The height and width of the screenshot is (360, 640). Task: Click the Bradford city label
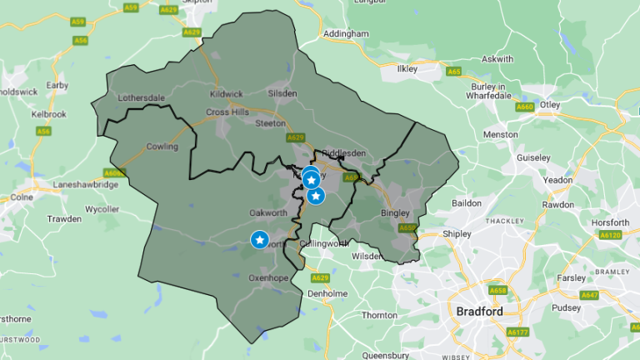[480, 311]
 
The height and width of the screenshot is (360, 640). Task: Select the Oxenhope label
[267, 277]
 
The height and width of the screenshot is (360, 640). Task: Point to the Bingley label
[395, 212]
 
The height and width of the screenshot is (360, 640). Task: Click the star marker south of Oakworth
[259, 240]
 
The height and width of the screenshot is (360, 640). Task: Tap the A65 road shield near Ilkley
[454, 72]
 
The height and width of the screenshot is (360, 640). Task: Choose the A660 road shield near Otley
[525, 107]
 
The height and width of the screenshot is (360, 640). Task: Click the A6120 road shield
[611, 236]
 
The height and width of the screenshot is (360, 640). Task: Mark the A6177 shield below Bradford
[517, 332]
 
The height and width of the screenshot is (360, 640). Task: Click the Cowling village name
[162, 147]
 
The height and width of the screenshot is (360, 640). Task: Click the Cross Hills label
[228, 112]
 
